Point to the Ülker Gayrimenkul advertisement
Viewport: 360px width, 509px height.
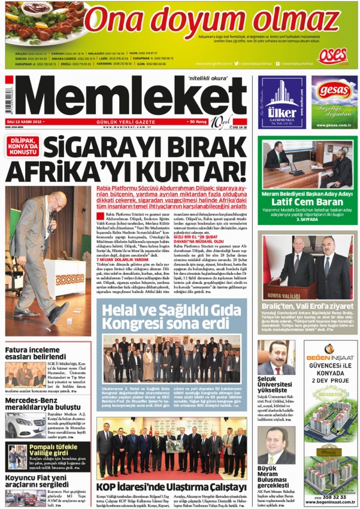pos(282,102)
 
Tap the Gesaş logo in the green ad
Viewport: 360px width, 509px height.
pos(334,90)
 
